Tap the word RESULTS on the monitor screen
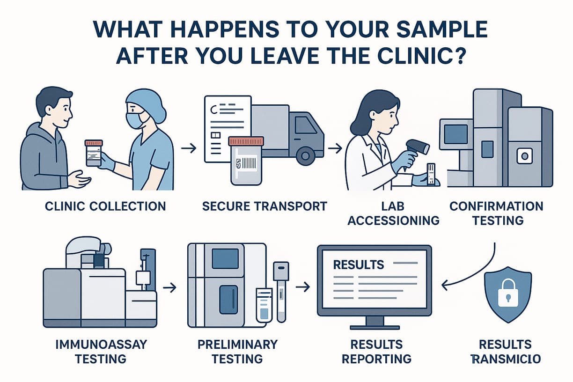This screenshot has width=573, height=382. [358, 264]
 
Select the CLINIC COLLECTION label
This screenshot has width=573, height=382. [105, 206]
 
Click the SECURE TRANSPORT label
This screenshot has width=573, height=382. [264, 206]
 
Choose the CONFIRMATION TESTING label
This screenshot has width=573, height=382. [496, 213]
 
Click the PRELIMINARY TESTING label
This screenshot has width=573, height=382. [237, 352]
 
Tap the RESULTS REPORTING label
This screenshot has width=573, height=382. [376, 352]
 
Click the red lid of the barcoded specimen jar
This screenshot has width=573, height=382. [246, 141]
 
